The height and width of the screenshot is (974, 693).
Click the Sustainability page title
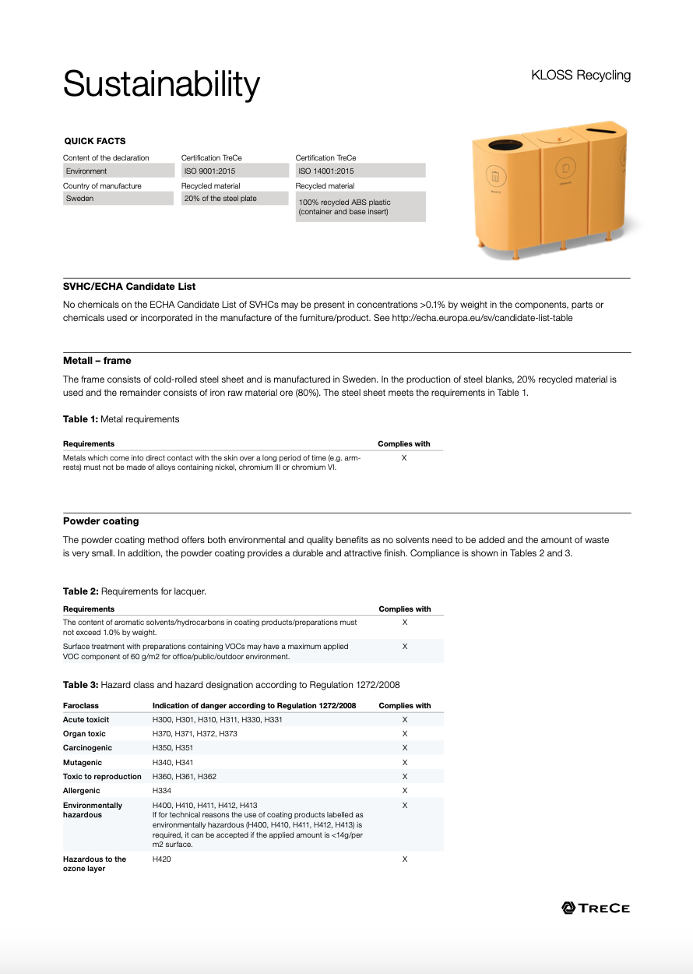point(161,83)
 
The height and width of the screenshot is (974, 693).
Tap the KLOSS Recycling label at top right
point(580,76)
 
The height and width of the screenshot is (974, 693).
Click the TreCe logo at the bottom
point(596,908)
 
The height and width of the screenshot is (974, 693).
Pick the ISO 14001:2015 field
point(360,171)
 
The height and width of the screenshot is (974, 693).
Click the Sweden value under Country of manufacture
point(118,199)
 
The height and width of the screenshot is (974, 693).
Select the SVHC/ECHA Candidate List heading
point(129,287)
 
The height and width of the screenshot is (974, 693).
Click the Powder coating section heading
point(101,521)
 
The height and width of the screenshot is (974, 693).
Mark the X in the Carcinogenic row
point(405,748)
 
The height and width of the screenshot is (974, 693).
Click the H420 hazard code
point(162,859)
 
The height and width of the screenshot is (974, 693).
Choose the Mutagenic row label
point(83,762)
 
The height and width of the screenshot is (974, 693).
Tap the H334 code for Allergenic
point(162,791)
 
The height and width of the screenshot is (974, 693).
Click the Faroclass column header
point(81,706)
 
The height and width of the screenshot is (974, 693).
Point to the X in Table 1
point(404,458)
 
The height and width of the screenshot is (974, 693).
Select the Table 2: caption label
point(81,591)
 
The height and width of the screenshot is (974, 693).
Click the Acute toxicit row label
point(86,720)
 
